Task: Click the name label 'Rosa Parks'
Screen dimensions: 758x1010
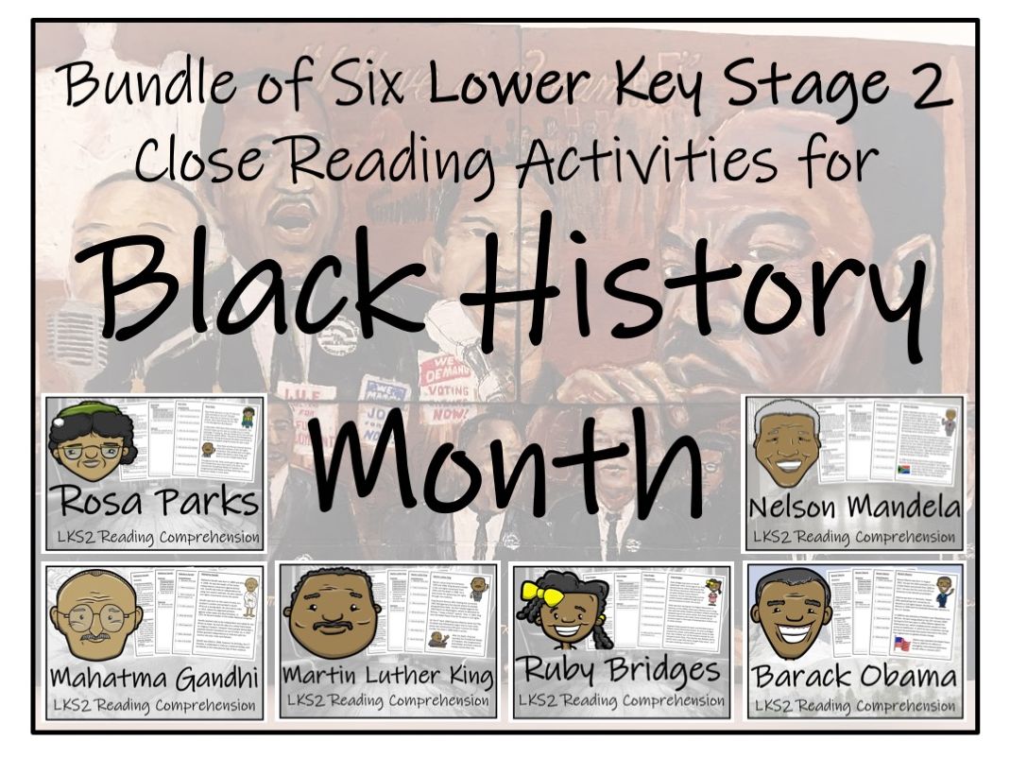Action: pos(155,500)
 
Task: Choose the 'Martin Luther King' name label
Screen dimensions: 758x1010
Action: pos(388,677)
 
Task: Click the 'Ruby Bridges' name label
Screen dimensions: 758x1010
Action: pos(621,672)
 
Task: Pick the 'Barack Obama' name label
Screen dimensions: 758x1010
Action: pos(854,677)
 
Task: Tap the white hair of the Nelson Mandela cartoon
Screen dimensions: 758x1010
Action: pos(784,412)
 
